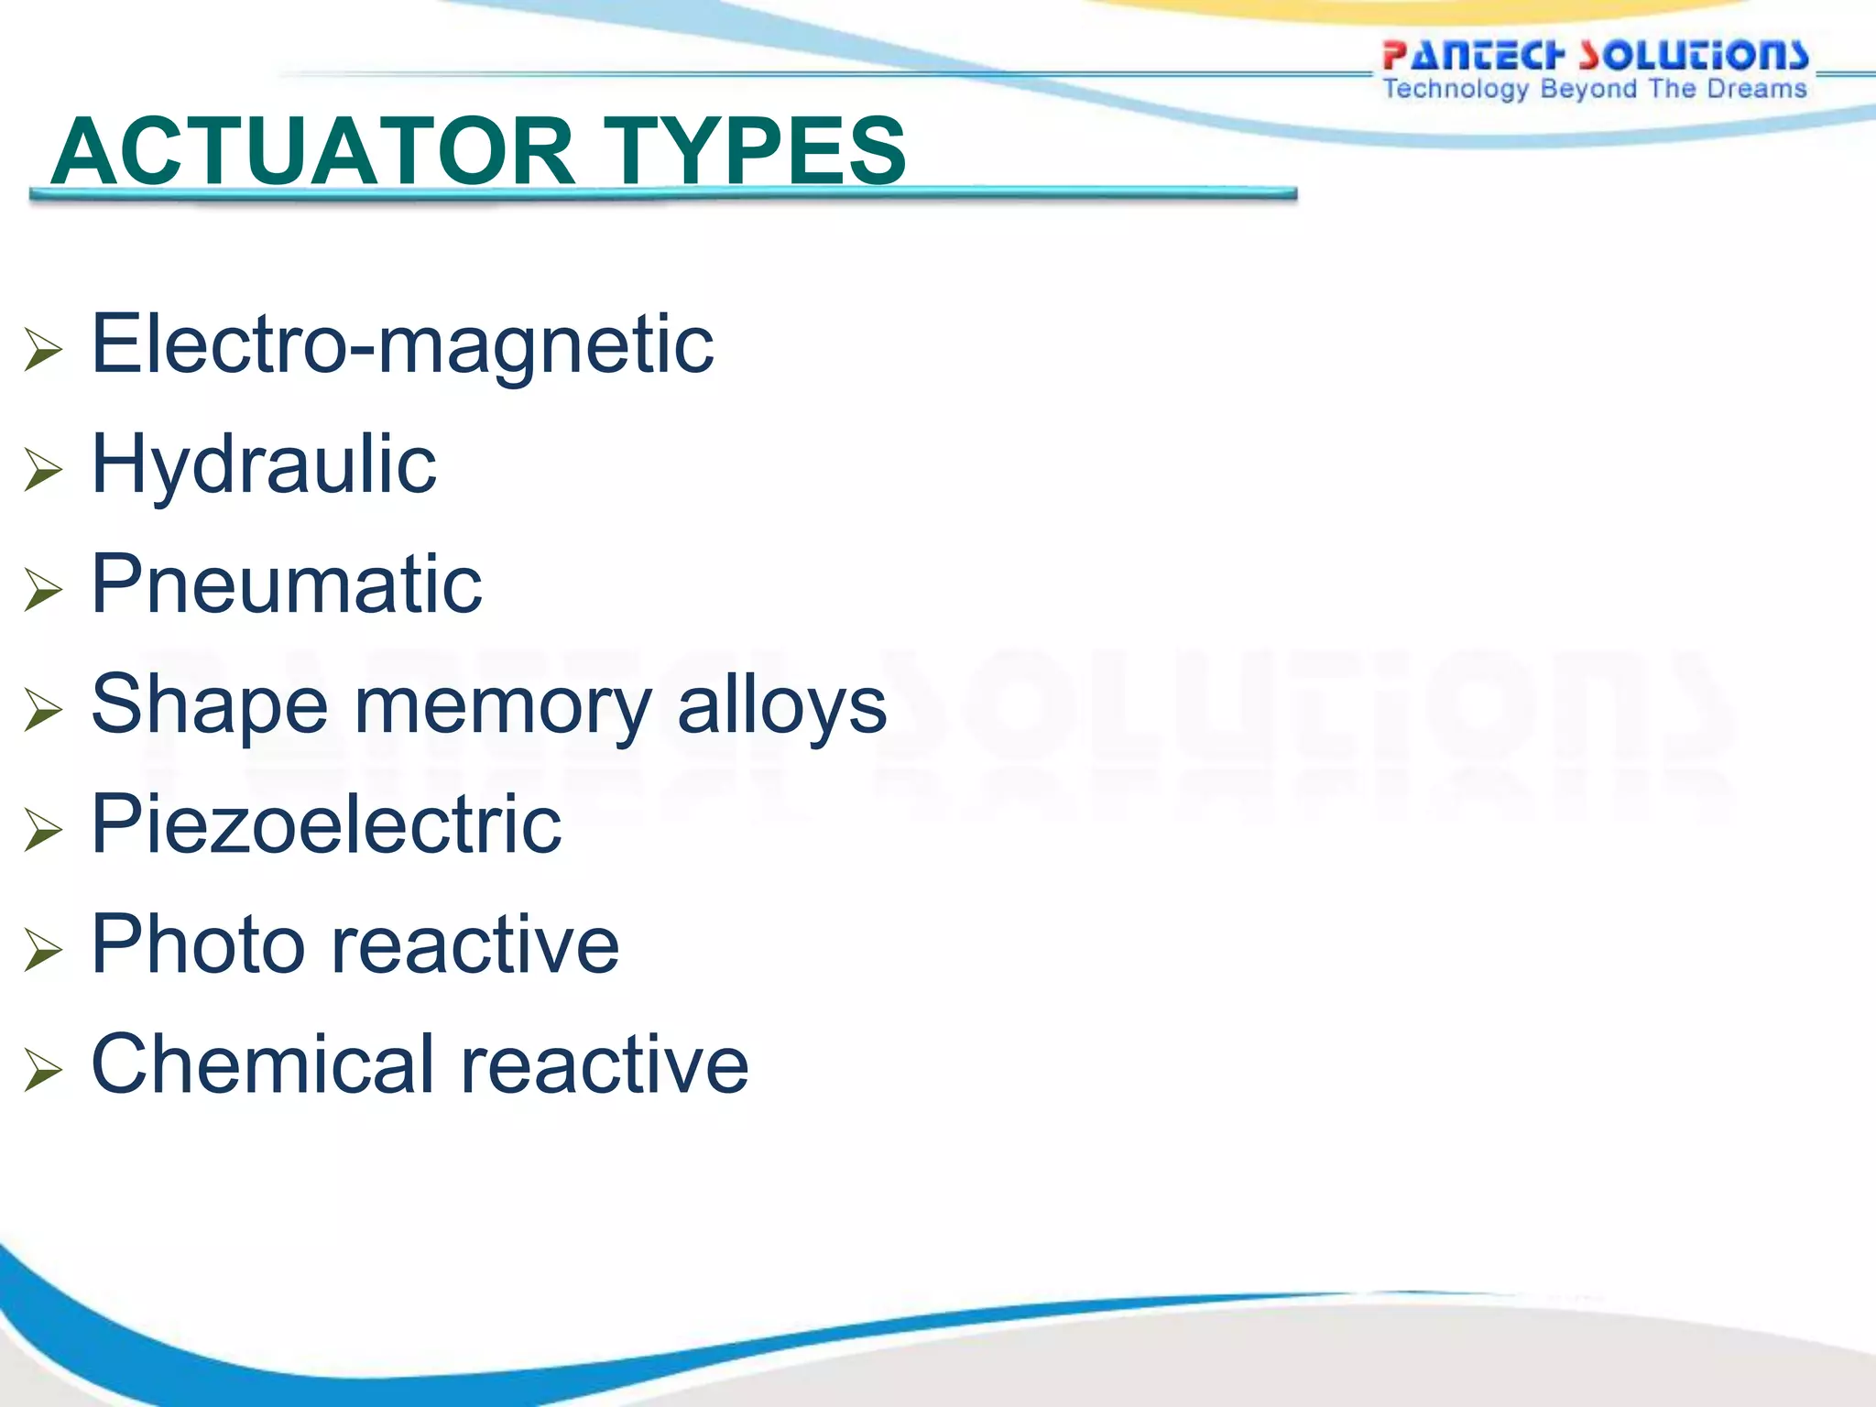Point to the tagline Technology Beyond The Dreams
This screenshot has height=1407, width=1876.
click(1595, 89)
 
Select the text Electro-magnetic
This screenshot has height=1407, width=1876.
click(402, 345)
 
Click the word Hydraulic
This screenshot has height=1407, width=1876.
click(264, 466)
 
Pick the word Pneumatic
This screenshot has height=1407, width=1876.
click(287, 584)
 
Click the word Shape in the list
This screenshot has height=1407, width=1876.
click(210, 705)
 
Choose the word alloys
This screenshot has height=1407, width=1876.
click(782, 705)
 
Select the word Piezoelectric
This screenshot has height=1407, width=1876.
click(326, 824)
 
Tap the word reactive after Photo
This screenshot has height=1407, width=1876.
click(475, 946)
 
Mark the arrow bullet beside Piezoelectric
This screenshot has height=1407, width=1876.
click(43, 829)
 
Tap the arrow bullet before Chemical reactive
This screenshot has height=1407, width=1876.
click(43, 1069)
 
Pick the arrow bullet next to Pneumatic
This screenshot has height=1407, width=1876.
click(43, 589)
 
